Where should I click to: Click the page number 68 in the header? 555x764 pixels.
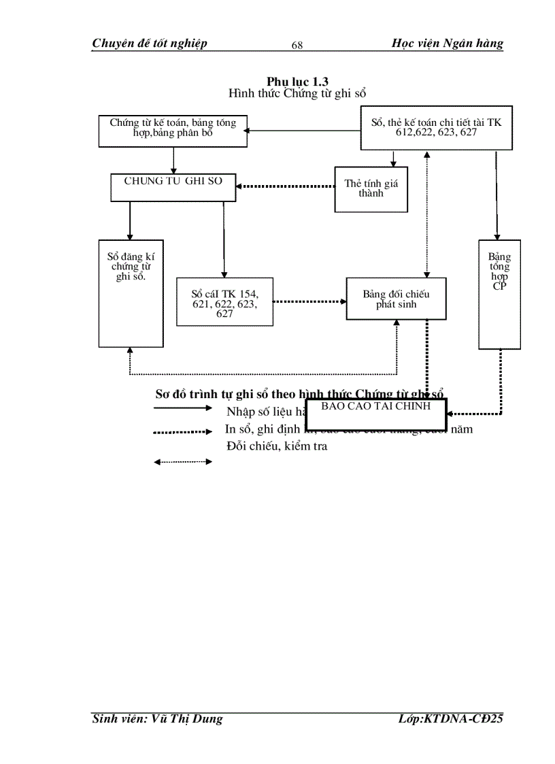pos(297,46)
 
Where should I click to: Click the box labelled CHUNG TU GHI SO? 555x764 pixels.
pos(173,187)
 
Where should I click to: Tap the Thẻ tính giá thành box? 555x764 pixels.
pos(371,189)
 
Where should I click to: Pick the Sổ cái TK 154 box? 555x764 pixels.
pos(224,301)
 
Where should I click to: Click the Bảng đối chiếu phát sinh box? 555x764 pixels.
pos(396,299)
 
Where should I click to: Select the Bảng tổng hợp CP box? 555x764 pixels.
pos(499,294)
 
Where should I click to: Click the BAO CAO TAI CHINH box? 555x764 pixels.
pos(376,413)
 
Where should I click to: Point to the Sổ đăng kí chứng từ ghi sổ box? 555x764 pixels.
pos(131,293)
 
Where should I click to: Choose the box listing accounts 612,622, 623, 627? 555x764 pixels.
pos(436,128)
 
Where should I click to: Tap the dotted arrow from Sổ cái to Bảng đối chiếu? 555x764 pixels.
pos(309,301)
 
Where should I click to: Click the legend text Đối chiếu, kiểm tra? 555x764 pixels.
pos(277,446)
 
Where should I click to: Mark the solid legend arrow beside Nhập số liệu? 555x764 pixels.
pos(183,408)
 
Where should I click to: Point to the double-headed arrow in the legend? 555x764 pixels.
pos(183,462)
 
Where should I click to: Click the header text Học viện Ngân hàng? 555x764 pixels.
pos(448,44)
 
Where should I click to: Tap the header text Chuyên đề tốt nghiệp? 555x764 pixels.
pos(150,44)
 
